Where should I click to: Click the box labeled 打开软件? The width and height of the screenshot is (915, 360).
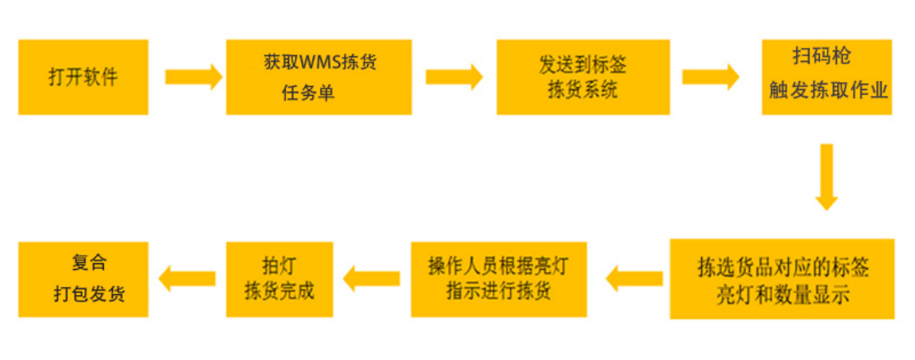83,77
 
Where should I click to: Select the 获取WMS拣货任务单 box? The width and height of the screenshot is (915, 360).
319,77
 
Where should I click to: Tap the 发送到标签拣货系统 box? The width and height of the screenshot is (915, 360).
582,77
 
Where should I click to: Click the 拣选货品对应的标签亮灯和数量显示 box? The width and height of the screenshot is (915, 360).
782,279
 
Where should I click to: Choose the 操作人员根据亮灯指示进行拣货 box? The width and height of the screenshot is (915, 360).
498,279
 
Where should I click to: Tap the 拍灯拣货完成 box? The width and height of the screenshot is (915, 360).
279,279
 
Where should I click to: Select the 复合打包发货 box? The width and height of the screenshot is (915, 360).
83,279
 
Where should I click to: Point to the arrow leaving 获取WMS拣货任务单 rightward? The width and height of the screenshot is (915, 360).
453,77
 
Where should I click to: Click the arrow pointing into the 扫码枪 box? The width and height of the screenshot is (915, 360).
710,77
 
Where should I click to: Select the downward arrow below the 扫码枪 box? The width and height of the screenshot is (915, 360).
826,177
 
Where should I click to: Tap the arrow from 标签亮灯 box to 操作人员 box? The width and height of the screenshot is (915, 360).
634,279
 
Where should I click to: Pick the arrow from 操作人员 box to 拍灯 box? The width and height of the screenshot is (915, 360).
371,279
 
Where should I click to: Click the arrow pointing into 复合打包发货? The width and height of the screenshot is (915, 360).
186,279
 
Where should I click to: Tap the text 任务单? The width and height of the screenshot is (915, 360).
308,93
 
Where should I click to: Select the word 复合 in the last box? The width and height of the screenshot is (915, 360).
89,264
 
